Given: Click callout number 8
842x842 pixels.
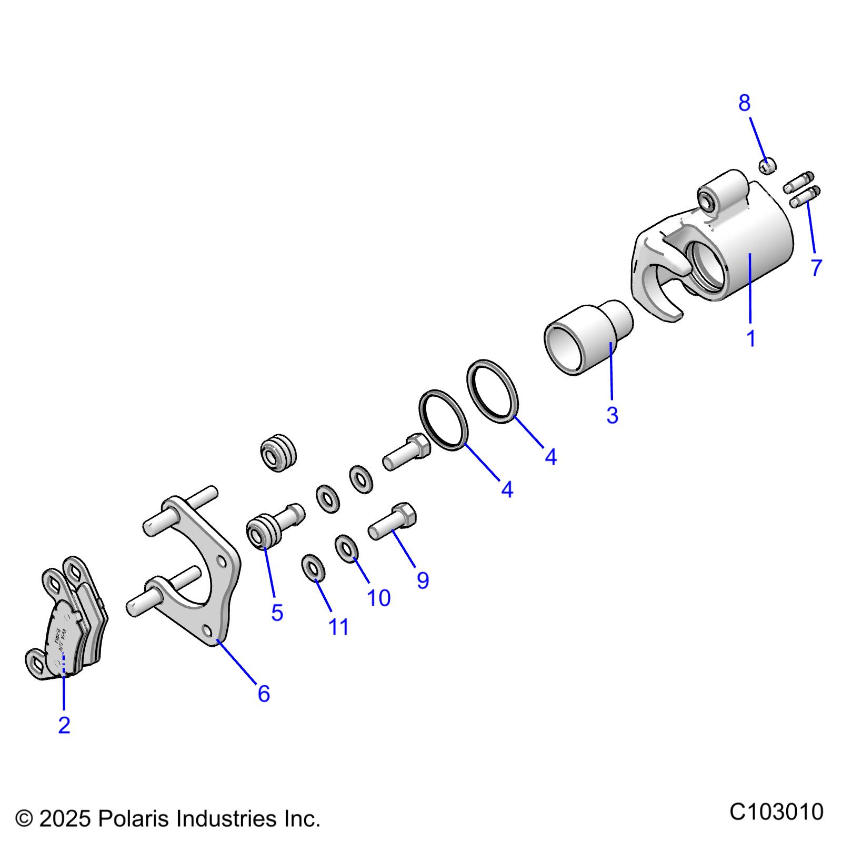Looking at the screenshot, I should coord(744,103).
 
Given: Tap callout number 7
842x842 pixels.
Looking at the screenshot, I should coord(816,268).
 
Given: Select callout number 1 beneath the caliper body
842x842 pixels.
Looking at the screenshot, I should coord(751,338).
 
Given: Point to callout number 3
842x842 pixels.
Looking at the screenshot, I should coord(612,415).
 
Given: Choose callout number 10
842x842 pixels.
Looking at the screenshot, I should coord(378,598).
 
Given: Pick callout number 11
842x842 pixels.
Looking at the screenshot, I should coord(339,627).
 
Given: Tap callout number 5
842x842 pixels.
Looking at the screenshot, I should coord(277,613).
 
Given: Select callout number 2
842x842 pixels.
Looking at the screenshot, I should coord(64,725).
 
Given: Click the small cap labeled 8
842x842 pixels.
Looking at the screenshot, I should coord(768,165).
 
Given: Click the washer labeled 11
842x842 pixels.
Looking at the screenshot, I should coord(313,568).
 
